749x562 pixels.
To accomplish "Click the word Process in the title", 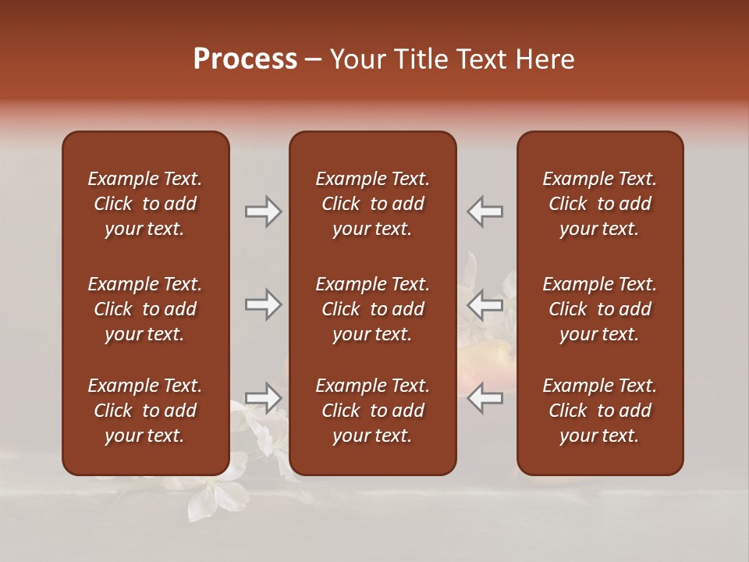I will (x=245, y=59).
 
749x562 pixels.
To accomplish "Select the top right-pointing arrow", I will (x=264, y=211).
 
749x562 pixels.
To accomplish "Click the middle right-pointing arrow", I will (x=264, y=304).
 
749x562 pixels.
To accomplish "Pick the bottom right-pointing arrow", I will (x=264, y=398).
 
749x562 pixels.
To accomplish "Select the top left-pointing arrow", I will (x=485, y=211).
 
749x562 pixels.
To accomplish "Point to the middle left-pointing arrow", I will (x=485, y=304).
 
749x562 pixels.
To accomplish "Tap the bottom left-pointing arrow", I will (x=485, y=398).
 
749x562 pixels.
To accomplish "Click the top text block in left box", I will (x=145, y=204).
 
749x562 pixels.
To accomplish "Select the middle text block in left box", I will (x=145, y=309).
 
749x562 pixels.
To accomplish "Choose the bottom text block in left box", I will (x=145, y=411).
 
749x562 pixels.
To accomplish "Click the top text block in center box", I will (x=373, y=204).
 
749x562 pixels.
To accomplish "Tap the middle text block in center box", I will (x=373, y=309).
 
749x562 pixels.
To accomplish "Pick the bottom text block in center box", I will (x=373, y=411).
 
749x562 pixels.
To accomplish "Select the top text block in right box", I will (x=600, y=204).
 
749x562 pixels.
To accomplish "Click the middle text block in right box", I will (x=600, y=309).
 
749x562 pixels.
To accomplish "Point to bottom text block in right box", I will (x=600, y=411).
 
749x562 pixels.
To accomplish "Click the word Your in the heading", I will (x=357, y=59).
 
